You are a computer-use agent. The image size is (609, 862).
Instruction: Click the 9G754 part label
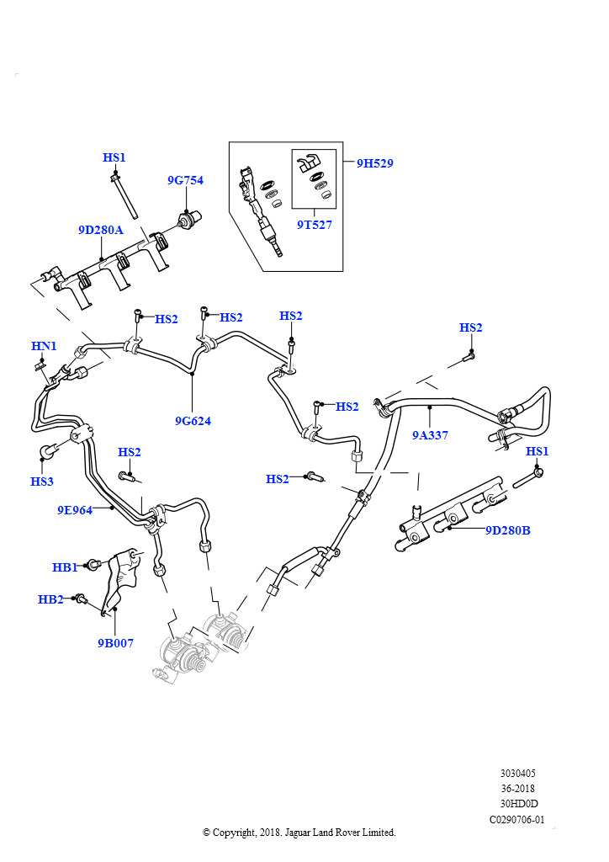185,180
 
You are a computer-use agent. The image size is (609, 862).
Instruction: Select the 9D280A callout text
101,230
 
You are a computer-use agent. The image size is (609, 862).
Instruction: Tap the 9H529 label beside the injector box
375,163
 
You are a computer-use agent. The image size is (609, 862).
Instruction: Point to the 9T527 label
315,225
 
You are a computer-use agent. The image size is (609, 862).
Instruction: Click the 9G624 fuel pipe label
193,421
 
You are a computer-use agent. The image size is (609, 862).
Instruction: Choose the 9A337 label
430,435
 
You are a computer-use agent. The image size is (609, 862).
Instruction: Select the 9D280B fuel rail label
508,530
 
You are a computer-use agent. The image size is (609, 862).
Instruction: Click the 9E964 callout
75,510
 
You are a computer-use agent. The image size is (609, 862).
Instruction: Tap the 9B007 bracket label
115,643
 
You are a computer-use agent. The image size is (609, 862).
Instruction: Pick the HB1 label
65,567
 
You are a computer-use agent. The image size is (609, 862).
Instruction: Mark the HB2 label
50,599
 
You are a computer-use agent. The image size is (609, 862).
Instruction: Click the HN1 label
44,346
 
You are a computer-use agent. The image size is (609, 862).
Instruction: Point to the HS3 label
42,482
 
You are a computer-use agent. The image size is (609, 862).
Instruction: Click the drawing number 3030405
518,774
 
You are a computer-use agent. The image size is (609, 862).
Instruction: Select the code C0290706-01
516,820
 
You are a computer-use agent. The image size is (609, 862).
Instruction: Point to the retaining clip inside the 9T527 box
309,162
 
